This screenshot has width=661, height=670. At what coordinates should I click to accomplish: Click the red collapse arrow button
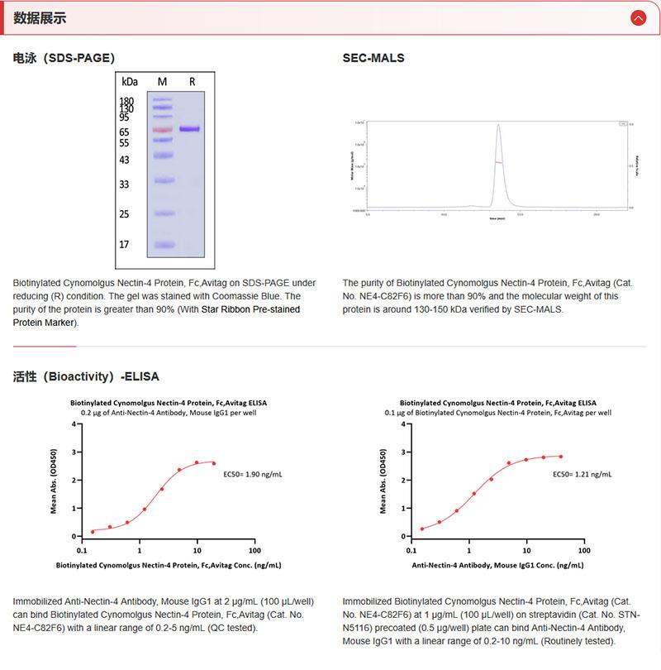pos(637,18)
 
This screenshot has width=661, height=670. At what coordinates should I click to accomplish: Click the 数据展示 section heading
pos(40,18)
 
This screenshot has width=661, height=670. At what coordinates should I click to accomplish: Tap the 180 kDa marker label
pos(126,101)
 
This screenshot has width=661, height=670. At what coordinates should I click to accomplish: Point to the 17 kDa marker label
pos(124,245)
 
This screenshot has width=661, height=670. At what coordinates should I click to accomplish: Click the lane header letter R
pos(192,81)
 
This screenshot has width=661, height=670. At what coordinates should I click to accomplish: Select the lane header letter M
pos(162,81)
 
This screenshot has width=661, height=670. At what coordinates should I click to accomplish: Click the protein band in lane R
pos(190,129)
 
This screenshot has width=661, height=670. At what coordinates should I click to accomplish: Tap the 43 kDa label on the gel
pos(124,160)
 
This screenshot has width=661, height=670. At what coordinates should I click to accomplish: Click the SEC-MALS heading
pos(373,58)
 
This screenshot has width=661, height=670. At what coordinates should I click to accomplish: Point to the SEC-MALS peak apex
pos(498,125)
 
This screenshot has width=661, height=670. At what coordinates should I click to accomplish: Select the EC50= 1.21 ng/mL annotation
pos(582,475)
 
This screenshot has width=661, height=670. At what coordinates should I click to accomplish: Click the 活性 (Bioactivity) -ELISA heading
pos(86,376)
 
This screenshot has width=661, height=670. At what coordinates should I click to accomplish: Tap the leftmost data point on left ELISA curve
pos(93,531)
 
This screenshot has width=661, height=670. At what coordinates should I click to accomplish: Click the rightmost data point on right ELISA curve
pos(561,456)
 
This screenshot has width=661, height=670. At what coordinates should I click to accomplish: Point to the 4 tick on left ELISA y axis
pos(74,424)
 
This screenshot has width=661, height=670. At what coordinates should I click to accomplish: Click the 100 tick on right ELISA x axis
pos(584,549)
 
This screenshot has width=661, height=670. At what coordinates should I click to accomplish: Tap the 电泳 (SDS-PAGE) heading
pos(64,58)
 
